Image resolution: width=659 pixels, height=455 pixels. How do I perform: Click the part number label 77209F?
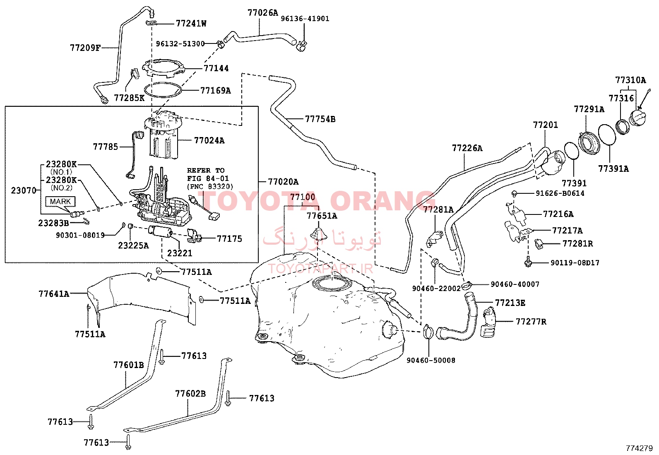85,48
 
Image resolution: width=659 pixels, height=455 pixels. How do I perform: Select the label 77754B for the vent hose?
320,119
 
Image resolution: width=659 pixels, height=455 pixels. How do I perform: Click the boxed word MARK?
60,202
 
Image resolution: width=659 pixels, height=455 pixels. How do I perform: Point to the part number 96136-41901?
305,19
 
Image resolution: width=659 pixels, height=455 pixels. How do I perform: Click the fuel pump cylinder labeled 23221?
160,231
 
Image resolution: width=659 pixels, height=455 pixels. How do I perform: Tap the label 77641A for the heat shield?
54,294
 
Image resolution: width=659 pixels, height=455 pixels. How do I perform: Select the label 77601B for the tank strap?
129,365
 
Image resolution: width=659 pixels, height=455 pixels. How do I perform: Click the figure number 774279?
639,448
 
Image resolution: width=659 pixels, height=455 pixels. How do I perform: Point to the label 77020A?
283,182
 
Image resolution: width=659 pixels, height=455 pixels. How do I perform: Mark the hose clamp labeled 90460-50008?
428,332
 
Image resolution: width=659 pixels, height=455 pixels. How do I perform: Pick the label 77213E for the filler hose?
510,303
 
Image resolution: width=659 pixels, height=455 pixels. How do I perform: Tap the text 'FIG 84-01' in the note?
208,178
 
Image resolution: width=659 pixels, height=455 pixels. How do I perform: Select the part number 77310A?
630,80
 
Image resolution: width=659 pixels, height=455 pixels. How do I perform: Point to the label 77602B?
190,393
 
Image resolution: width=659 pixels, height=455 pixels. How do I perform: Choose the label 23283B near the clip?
53,223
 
